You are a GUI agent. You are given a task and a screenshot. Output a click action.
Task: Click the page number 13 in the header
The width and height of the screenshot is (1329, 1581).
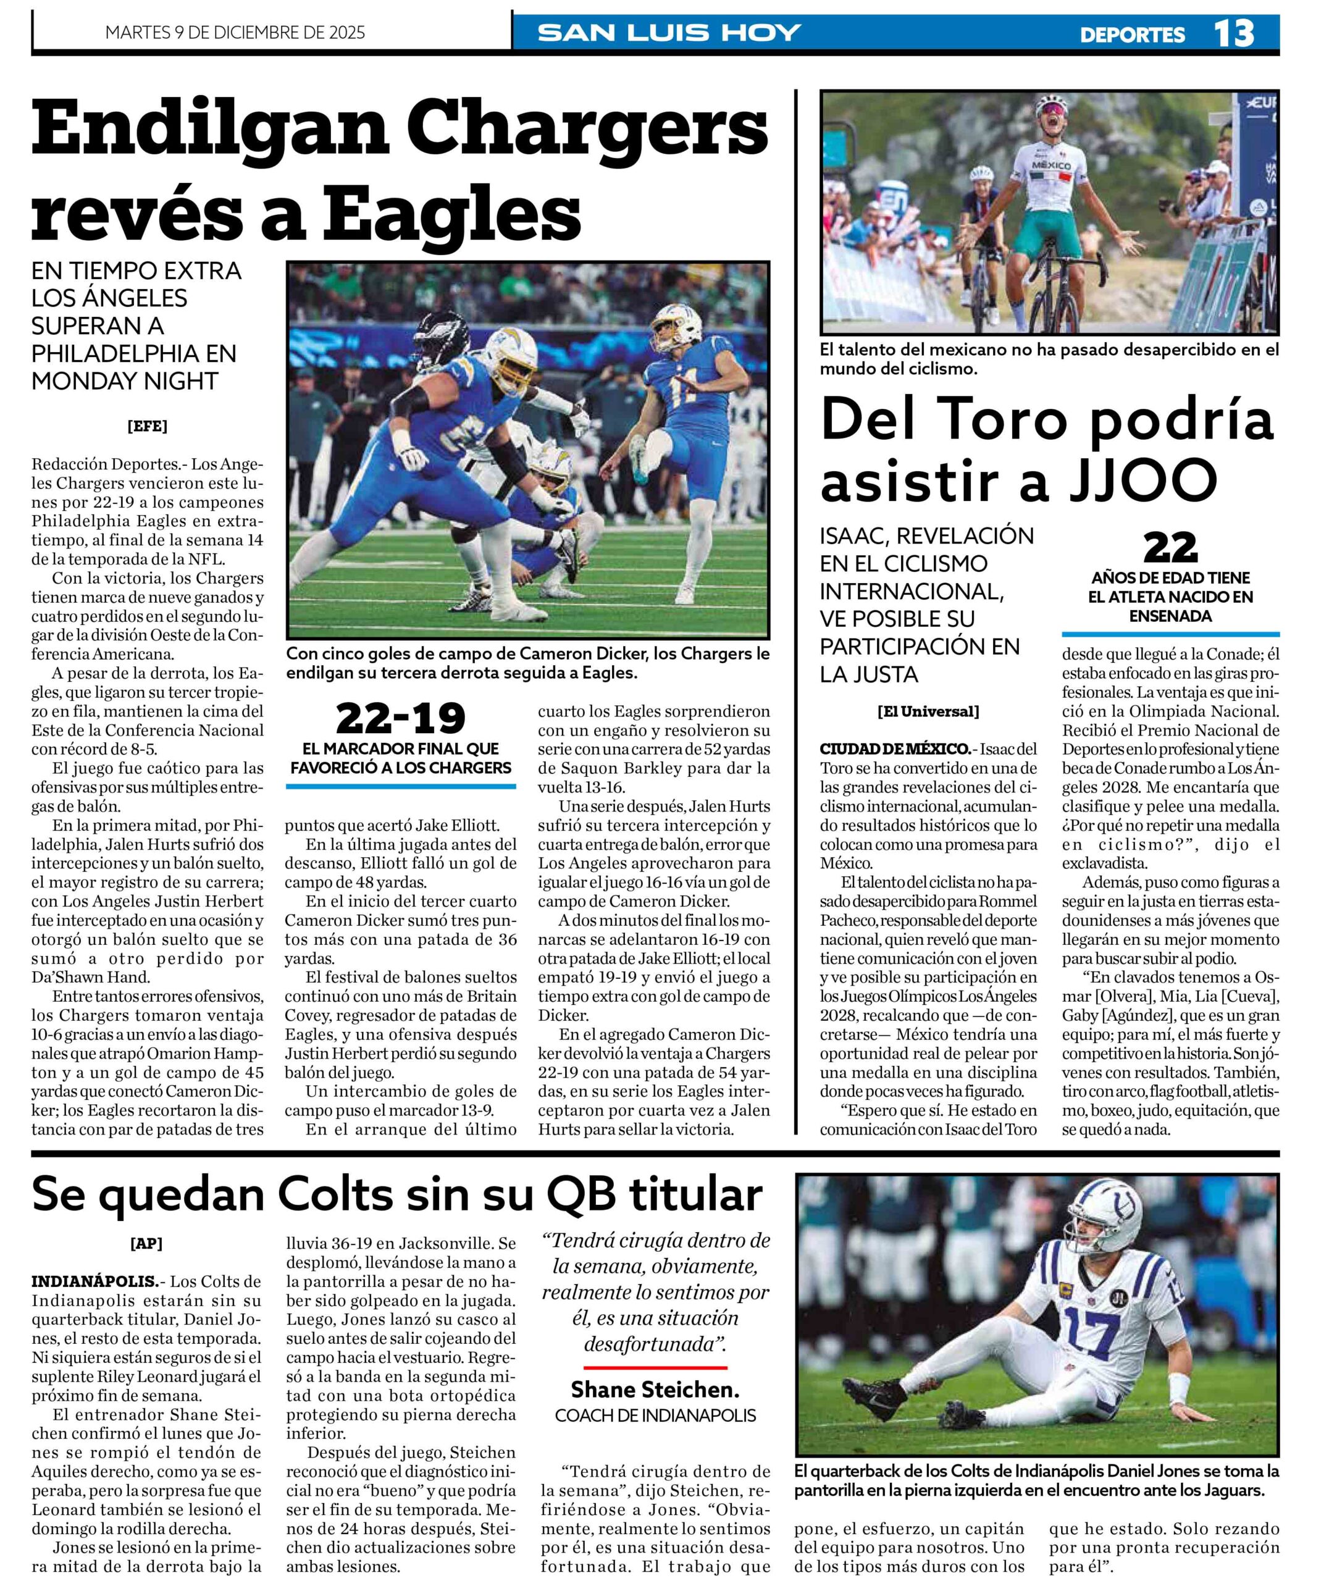click(x=1233, y=33)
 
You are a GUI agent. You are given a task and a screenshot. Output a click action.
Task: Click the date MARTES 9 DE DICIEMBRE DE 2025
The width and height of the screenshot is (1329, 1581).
click(x=235, y=32)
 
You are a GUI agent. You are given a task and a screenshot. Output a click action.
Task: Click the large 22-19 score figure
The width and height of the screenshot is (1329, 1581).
click(x=400, y=719)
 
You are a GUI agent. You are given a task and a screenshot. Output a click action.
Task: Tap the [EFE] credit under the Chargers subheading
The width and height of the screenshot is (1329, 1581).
click(x=147, y=426)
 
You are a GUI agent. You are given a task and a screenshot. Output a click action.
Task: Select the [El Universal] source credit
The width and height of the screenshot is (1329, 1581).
click(x=928, y=711)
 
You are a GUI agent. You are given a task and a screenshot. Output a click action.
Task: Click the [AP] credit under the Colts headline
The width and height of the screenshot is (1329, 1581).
click(x=146, y=1244)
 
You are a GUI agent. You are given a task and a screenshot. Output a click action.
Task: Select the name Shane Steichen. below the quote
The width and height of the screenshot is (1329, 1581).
click(x=655, y=1389)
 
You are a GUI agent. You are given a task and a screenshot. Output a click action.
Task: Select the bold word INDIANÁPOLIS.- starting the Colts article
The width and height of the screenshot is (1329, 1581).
click(x=94, y=1281)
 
